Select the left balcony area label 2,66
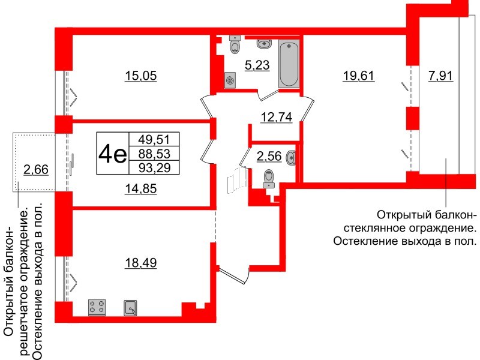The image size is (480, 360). pyautogui.click(x=36, y=170)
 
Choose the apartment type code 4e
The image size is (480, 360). pyautogui.click(x=112, y=155)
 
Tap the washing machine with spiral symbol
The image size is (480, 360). pyautogui.click(x=230, y=80)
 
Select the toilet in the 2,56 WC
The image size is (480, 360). pyautogui.click(x=269, y=178)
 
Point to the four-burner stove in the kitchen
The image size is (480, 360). pyautogui.click(x=97, y=308)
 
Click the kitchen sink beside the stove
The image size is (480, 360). pyautogui.click(x=131, y=308)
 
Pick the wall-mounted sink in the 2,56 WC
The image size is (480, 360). pyautogui.click(x=292, y=157)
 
